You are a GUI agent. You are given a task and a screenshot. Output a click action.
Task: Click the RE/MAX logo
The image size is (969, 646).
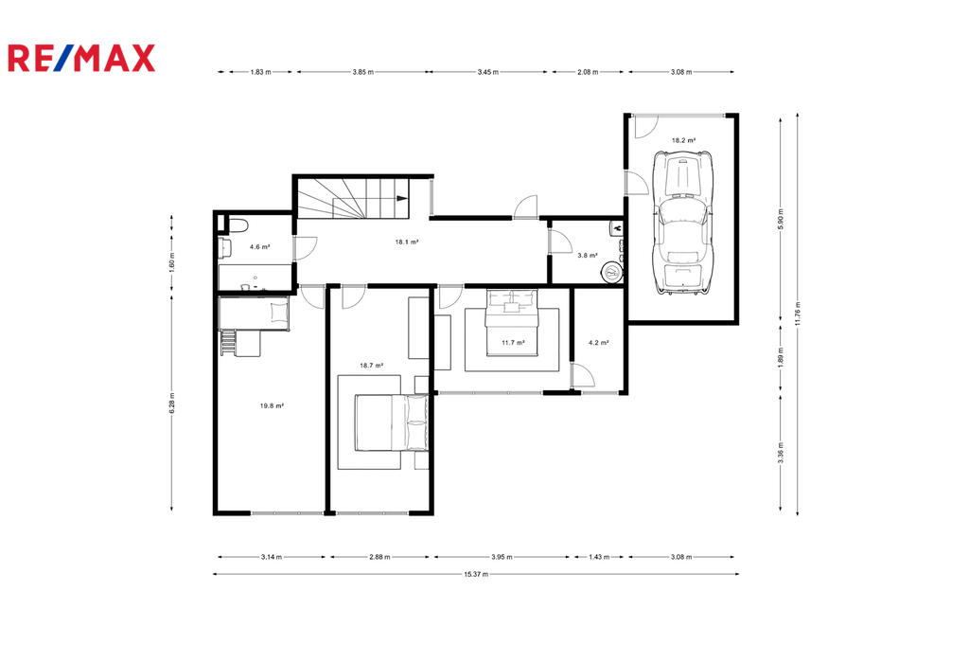[81, 58]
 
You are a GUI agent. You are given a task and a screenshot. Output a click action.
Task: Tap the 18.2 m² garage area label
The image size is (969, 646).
[683, 140]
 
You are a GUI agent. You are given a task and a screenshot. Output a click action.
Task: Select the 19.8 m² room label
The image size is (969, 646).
[272, 406]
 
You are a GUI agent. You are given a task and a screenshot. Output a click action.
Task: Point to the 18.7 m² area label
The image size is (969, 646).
[371, 365]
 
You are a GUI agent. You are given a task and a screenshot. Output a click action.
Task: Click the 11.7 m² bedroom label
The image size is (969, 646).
[513, 342]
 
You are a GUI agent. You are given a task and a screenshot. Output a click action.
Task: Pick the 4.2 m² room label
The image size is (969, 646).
[598, 342]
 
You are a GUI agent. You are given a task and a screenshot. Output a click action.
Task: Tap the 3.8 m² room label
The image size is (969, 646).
[587, 255]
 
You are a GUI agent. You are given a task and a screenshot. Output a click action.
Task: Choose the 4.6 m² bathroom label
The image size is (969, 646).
[259, 247]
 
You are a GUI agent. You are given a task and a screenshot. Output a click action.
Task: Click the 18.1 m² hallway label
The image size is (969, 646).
[407, 242]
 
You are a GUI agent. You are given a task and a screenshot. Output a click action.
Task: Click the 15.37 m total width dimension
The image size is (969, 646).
[476, 574]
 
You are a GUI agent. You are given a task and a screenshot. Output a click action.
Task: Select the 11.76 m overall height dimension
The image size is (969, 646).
[798, 314]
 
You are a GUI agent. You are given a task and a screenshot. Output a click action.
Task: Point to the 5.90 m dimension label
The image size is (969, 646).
[781, 219]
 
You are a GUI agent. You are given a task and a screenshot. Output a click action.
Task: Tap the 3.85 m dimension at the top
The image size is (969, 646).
[362, 72]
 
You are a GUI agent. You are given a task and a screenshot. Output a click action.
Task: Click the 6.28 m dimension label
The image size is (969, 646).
[172, 403]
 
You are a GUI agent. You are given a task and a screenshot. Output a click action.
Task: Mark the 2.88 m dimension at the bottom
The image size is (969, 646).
[379, 557]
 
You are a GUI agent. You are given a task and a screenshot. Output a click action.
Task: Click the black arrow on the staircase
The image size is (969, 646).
[401, 198]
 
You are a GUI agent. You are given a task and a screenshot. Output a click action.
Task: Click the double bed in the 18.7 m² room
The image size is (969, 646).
[392, 423]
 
